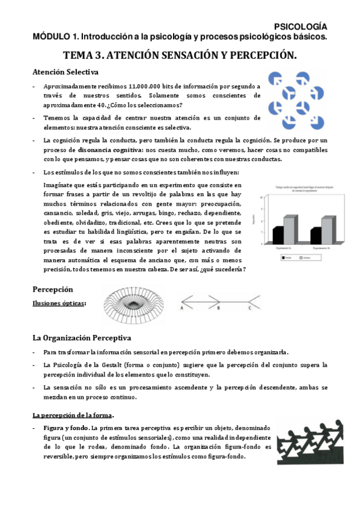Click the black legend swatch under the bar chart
[283, 257]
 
